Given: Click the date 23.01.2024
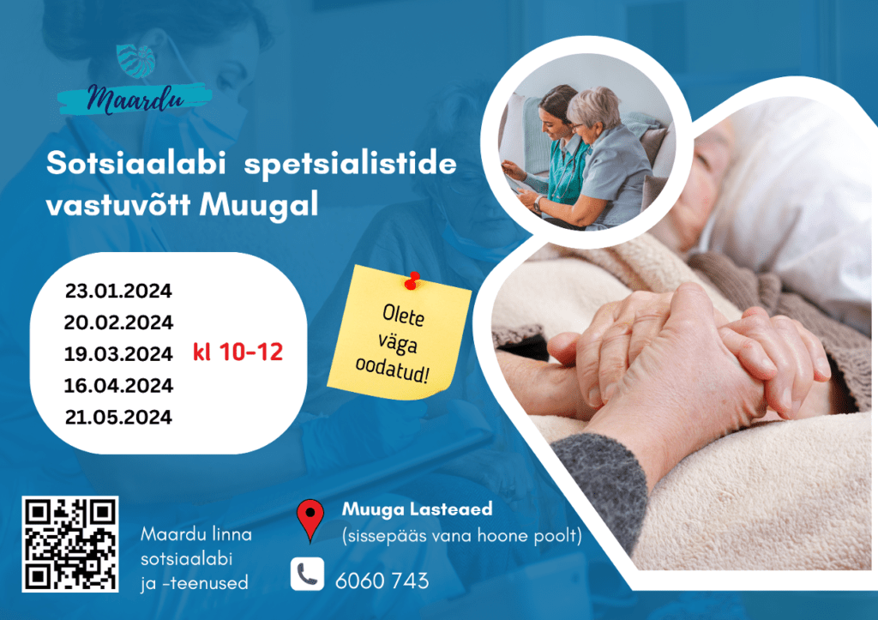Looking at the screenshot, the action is click(x=118, y=292).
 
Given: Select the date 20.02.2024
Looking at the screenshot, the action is click(x=118, y=322).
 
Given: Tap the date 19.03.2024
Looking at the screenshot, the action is click(x=118, y=354).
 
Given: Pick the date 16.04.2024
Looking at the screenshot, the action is click(x=118, y=385).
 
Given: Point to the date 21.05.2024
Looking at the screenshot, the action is click(x=118, y=418).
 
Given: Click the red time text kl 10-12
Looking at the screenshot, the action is click(x=238, y=352).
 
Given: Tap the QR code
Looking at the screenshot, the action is click(x=70, y=544).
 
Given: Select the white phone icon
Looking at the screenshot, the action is click(x=307, y=574).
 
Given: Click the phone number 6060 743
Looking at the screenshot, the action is click(x=382, y=581).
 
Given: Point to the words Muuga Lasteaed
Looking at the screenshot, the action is click(x=418, y=509).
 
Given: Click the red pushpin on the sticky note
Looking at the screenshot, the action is click(x=412, y=280).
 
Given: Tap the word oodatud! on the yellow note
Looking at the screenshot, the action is click(x=392, y=370).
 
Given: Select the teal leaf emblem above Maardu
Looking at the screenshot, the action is click(x=135, y=61).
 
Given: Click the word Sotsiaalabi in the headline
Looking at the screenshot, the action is click(x=136, y=163).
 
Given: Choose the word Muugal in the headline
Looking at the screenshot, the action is click(x=259, y=204).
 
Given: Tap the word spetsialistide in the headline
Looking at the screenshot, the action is click(x=350, y=165).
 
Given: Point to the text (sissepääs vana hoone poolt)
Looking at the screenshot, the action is click(x=462, y=536).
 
